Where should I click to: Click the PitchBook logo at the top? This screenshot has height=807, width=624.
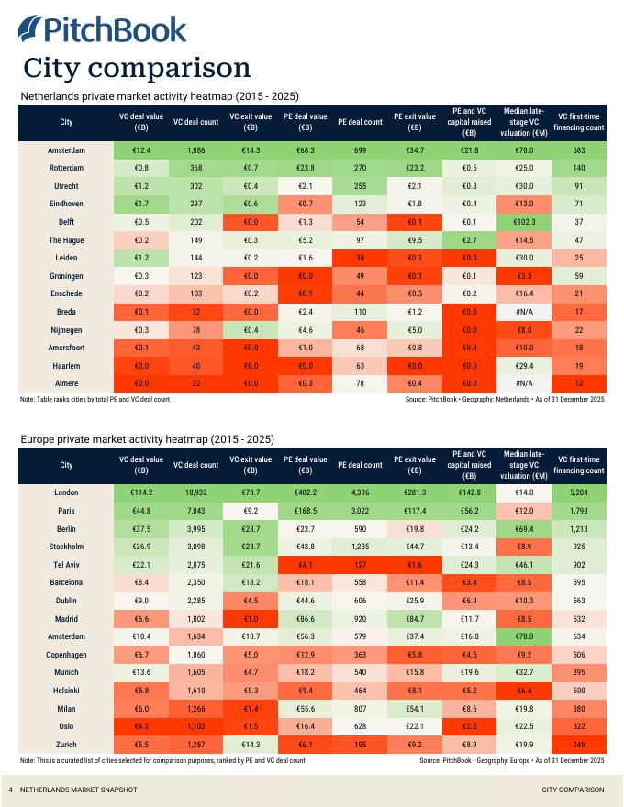coord(102,29)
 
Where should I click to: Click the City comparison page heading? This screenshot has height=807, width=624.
coord(137,68)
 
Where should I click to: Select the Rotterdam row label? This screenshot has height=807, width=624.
coord(66,168)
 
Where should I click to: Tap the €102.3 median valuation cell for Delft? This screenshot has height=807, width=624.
coord(524,222)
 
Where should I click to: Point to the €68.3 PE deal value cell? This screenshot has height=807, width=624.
coord(305,150)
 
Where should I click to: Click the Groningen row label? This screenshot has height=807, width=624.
coord(66,276)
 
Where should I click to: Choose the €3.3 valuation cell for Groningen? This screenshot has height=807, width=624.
coord(524,276)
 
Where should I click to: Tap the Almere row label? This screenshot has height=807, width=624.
coord(66,383)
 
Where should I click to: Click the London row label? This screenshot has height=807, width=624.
coord(66,492)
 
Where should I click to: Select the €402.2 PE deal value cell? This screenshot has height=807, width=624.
coord(305,492)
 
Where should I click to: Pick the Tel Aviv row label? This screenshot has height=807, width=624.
coord(66,564)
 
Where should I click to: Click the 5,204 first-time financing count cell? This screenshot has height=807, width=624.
coord(578,492)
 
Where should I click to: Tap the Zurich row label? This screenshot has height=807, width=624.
coord(66,744)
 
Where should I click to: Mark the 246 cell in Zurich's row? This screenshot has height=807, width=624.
coord(578,744)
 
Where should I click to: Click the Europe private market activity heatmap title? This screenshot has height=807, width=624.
coord(147,439)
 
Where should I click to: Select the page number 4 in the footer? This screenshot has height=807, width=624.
coord(10,790)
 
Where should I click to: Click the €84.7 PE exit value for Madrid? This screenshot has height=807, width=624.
coord(414,618)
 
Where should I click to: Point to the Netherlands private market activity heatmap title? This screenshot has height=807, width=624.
coord(160,96)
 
